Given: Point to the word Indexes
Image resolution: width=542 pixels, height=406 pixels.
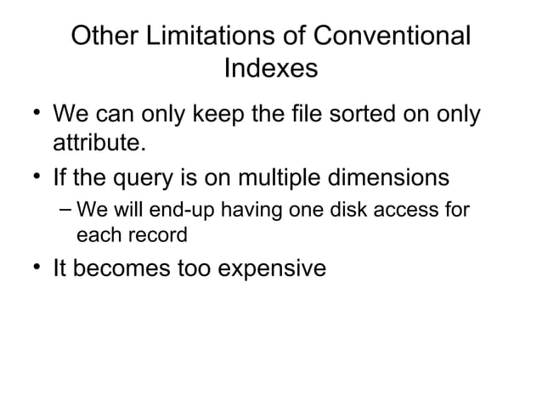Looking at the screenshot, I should click(271, 68).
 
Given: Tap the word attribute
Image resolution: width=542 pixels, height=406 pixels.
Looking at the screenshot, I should click(94, 143).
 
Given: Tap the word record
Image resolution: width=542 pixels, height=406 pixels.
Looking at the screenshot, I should click(158, 231).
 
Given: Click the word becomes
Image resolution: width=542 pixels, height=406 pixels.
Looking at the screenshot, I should click(117, 268).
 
